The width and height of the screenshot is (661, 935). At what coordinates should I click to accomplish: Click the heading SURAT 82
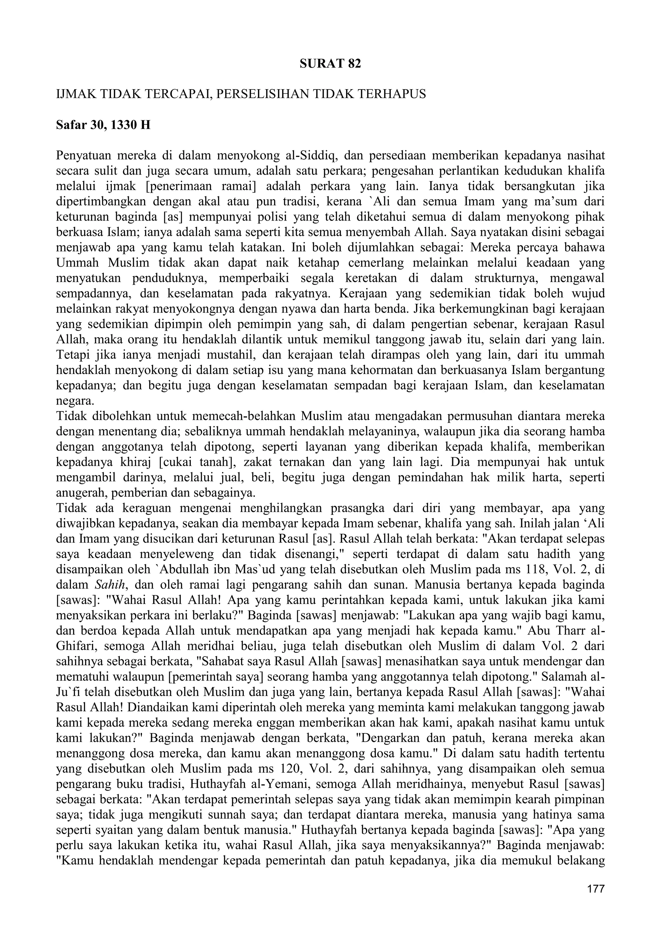tap(330, 64)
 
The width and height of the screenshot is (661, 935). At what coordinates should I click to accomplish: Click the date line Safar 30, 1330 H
tap(103, 125)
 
